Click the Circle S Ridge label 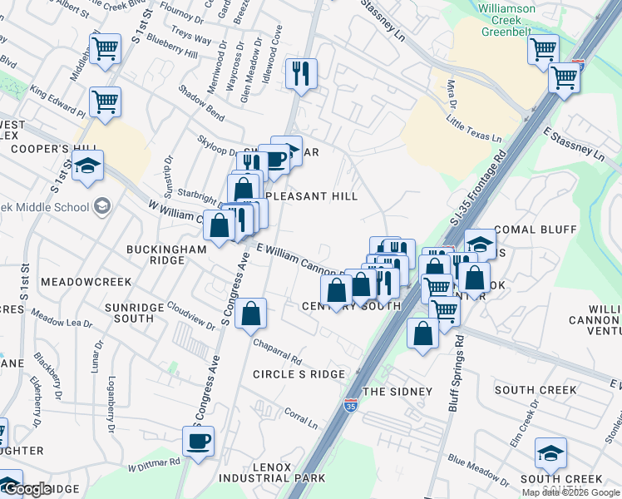299,374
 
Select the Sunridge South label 129,313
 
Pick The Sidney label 397,391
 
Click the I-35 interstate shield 351,406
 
